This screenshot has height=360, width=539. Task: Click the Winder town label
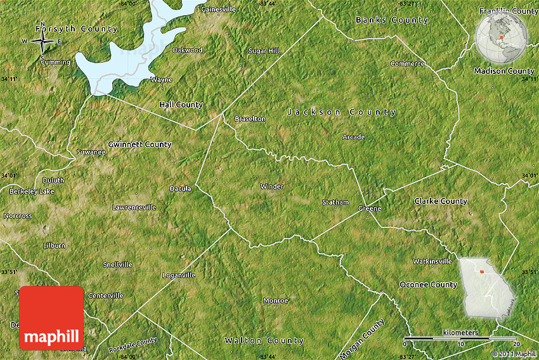[272, 186]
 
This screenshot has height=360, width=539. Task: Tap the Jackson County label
[341, 112]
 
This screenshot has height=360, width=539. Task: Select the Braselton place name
[250, 119]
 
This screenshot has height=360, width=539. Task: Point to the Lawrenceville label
[134, 207]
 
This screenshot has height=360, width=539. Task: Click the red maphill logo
[51, 318]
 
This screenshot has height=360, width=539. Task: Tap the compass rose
[42, 42]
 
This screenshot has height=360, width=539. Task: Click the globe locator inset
[502, 37]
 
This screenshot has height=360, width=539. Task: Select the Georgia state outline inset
[486, 287]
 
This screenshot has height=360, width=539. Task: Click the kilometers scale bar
[460, 338]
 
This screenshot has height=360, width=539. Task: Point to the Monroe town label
[275, 300]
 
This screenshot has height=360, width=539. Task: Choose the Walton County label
[264, 341]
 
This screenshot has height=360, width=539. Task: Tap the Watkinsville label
[432, 261]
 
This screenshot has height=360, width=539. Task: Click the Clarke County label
[441, 201]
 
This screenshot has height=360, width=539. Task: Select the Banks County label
[392, 20]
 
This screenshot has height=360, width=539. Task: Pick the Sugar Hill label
[264, 51]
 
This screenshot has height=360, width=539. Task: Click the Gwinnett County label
[140, 145]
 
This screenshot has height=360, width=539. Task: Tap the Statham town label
[335, 202]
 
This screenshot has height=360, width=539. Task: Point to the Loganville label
[179, 275]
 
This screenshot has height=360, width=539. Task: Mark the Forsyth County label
[76, 29]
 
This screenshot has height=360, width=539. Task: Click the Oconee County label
[428, 285]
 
